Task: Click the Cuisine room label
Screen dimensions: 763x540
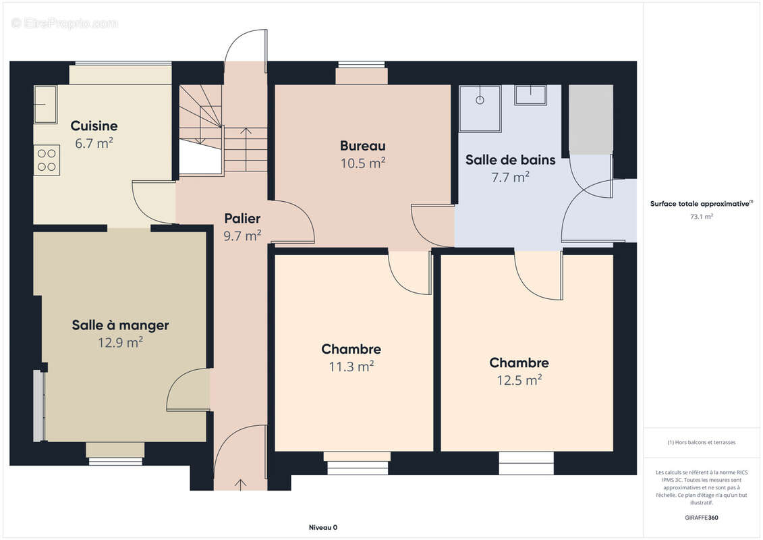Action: pos(94,126)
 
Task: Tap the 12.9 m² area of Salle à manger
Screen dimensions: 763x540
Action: pos(120,342)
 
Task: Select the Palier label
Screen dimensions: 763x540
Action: pos(242,218)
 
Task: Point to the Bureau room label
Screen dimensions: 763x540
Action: pos(362,146)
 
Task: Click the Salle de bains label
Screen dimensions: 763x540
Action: pos(511,160)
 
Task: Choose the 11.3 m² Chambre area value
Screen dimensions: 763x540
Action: pos(351,366)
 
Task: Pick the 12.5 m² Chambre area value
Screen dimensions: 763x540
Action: pos(519,380)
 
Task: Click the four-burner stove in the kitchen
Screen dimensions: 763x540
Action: pos(47,160)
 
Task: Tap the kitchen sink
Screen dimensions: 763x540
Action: pos(45,105)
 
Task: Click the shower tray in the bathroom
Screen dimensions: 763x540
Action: pos(480,109)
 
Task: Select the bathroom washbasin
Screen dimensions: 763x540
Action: pos(531,95)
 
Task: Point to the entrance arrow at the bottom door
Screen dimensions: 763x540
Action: pos(240,485)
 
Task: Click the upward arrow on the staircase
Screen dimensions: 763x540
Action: pos(246,149)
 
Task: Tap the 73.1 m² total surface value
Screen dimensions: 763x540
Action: pos(701,217)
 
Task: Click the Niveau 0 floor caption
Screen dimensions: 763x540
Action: pos(323,527)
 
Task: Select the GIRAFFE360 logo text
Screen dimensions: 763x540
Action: pos(701,518)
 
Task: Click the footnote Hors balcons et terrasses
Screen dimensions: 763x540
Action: pos(701,442)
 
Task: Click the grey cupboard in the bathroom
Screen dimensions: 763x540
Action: pos(591,119)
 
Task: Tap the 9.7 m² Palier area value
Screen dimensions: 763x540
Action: pos(242,236)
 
